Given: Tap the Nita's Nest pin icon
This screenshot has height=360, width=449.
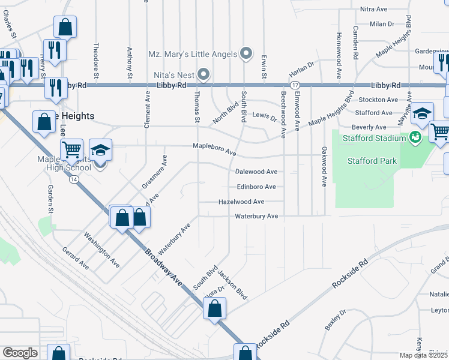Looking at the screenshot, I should [204, 74].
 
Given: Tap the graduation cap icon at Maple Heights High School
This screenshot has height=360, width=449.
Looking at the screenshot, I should [100, 152].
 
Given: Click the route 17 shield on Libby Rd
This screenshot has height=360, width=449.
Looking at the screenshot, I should [295, 86].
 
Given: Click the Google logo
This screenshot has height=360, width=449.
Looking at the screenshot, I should [20, 352].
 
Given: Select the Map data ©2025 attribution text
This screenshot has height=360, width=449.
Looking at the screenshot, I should [423, 355].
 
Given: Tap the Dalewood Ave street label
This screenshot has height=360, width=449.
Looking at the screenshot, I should [256, 172].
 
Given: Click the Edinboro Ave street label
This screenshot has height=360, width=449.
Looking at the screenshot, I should [256, 187].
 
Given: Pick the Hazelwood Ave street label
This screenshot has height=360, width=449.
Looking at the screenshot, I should [241, 202].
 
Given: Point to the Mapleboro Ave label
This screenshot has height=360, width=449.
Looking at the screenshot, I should [214, 149].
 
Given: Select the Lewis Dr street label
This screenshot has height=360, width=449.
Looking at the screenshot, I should [265, 116].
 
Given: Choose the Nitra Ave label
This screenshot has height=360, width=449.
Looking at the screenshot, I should [375, 10].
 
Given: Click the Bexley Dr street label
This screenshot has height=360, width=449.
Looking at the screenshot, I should [336, 320].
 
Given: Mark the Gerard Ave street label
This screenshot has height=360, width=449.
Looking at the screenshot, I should [76, 257].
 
